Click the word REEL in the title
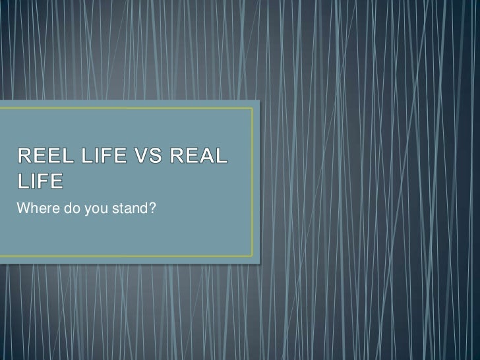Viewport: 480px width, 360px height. tap(42, 158)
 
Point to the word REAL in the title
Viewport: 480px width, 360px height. tap(198, 158)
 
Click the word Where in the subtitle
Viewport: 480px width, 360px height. tap(33, 210)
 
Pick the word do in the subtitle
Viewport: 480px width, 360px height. tap(64, 210)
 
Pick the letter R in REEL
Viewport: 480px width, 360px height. tap(23, 158)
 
